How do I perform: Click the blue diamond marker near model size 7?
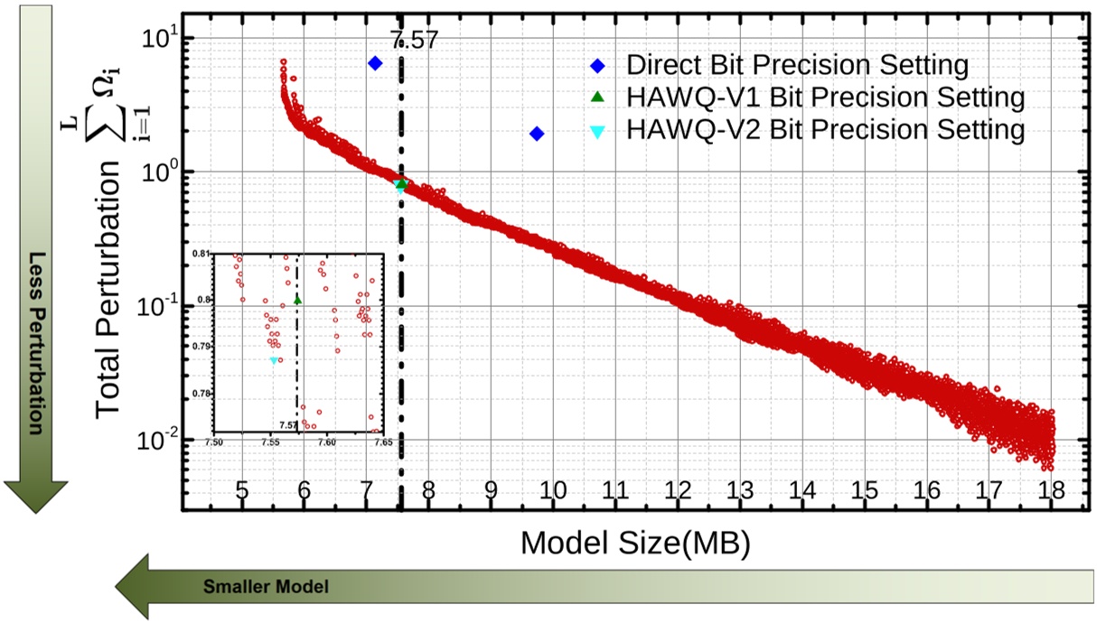[375, 63]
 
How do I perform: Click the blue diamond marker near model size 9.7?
[537, 134]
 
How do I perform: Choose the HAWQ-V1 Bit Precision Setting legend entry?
[825, 98]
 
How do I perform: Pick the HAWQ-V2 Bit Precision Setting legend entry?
[825, 130]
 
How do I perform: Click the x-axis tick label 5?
[242, 490]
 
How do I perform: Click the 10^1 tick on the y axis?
[160, 39]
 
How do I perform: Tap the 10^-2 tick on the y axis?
[157, 440]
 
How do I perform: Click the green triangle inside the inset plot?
[298, 300]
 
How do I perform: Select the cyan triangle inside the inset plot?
[274, 360]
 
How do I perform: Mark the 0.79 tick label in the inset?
[205, 347]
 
